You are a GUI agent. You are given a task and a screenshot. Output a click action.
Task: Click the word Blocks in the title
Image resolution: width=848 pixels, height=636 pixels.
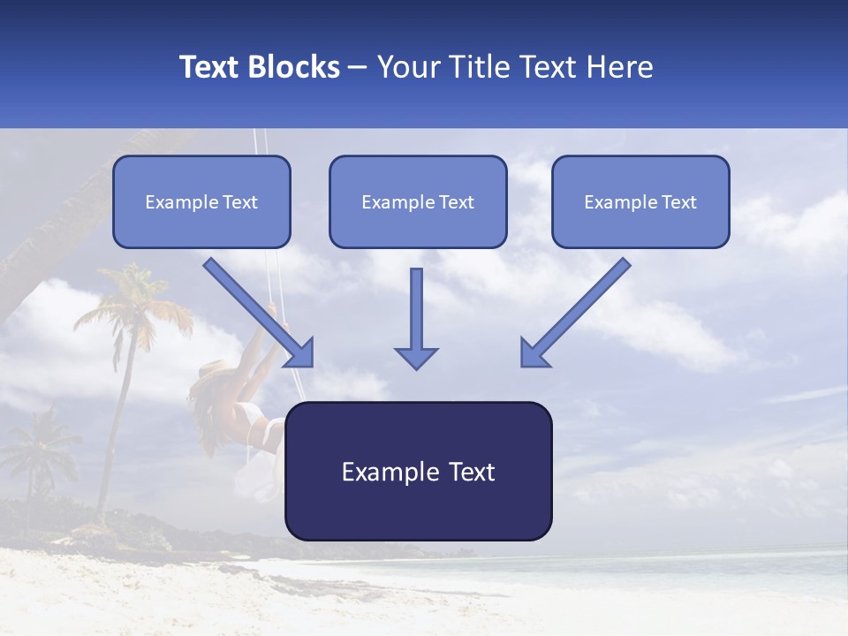(295, 67)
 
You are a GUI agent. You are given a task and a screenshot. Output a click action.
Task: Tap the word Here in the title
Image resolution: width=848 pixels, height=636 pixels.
(619, 67)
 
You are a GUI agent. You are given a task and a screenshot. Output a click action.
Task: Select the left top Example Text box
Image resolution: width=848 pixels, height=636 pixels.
(201, 202)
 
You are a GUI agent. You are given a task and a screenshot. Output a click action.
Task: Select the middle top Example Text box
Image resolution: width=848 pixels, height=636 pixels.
(418, 202)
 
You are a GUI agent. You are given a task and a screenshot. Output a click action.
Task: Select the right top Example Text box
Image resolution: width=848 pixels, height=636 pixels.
(640, 202)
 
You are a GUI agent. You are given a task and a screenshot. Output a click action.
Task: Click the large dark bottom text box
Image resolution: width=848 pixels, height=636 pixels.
(418, 472)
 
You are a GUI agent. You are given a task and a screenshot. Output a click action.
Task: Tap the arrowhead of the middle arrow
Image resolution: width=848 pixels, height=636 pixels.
(416, 357)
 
